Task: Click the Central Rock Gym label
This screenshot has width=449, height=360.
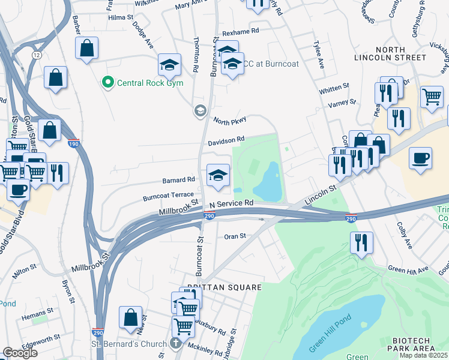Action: pos(147,82)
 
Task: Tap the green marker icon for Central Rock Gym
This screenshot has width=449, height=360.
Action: pos(108,82)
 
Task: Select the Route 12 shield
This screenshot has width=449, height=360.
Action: pos(37,55)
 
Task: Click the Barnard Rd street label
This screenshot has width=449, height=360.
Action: pos(179,179)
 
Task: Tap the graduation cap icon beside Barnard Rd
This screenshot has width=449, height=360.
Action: pos(218,175)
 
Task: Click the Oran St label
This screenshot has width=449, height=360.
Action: pos(235,236)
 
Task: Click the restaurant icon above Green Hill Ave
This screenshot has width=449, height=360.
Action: pos(362,243)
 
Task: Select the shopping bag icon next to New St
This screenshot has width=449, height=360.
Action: pos(130,317)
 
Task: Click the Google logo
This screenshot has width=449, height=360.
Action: pos(20,353)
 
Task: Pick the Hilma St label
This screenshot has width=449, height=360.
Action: pos(121,18)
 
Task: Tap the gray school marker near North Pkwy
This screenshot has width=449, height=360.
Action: pos(199,110)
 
